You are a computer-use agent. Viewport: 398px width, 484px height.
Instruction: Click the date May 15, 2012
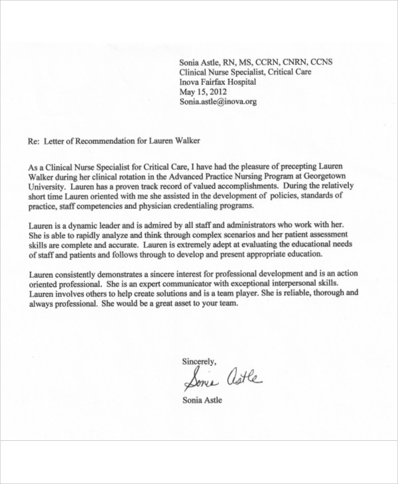pos(203,92)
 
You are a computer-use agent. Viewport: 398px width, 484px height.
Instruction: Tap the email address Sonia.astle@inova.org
pos(218,102)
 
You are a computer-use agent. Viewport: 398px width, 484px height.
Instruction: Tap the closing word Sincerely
pos(199,361)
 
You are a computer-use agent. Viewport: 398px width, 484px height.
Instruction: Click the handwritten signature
pos(222,380)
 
